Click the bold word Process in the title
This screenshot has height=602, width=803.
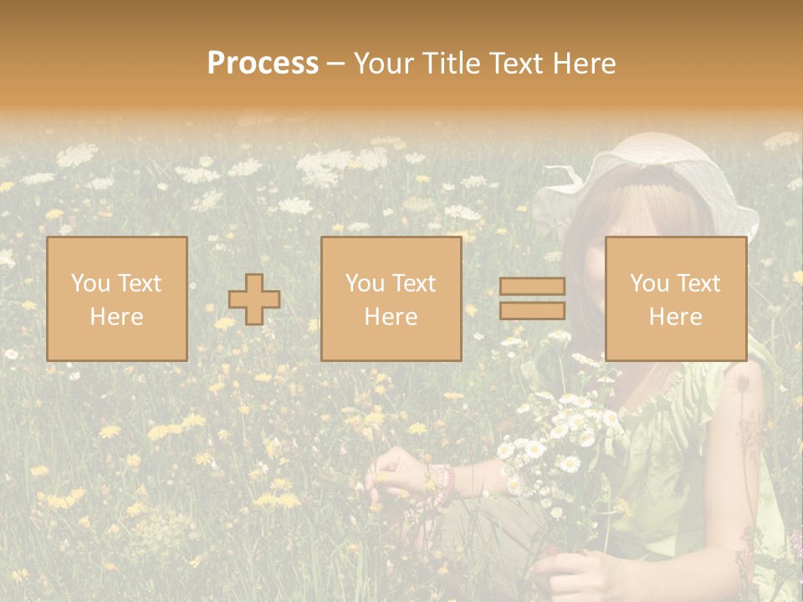click(x=263, y=64)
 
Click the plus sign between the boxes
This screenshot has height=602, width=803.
click(x=254, y=299)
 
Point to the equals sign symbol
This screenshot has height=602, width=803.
click(x=532, y=298)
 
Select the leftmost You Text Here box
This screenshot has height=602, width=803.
click(x=116, y=299)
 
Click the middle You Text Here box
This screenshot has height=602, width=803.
click(x=391, y=299)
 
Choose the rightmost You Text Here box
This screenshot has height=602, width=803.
click(x=675, y=299)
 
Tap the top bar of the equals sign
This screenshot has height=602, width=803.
click(x=532, y=287)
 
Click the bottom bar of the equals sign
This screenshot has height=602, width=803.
click(x=532, y=311)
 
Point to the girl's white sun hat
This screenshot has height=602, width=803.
click(x=652, y=180)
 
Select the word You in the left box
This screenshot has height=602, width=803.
click(x=90, y=283)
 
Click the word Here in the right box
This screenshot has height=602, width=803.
click(x=675, y=317)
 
